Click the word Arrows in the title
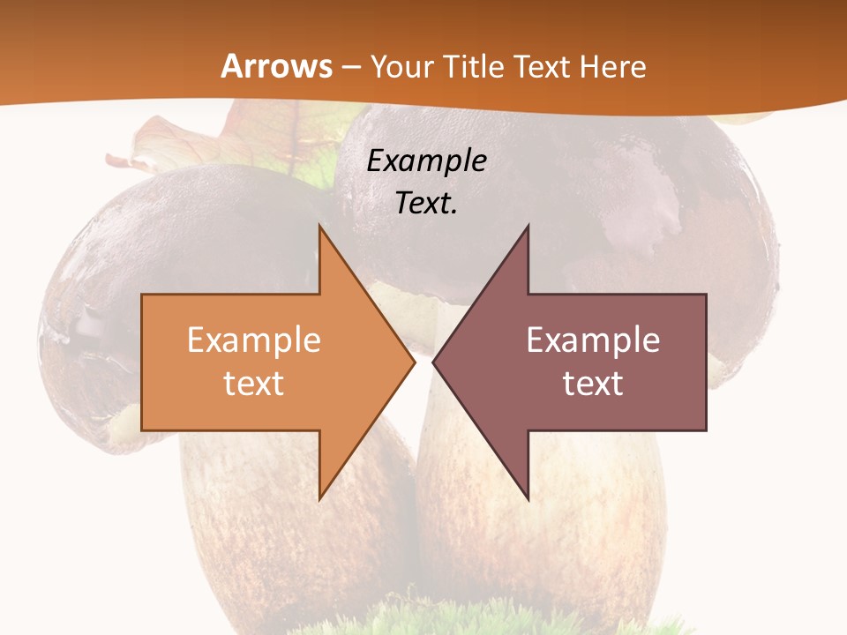(277, 66)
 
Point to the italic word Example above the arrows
(426, 161)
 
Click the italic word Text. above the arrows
(426, 204)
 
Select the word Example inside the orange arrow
(254, 340)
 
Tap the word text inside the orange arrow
(254, 383)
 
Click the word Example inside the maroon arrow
(593, 340)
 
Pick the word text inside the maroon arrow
(593, 383)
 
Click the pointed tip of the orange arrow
(415, 362)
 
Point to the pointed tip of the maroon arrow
(433, 362)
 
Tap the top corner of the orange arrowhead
(319, 226)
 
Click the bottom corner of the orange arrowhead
(319, 499)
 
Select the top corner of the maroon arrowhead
(528, 226)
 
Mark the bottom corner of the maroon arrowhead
(528, 499)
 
